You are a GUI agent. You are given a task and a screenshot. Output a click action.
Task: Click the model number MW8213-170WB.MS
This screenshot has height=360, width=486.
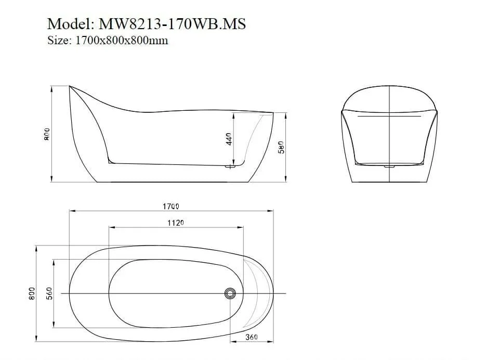pyautogui.click(x=172, y=23)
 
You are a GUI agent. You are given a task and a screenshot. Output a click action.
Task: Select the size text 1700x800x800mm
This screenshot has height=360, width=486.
pyautogui.click(x=122, y=41)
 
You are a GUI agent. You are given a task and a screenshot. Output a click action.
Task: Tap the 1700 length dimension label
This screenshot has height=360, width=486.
pyautogui.click(x=171, y=206)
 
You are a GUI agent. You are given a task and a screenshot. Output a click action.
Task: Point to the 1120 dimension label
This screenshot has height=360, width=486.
pyautogui.click(x=176, y=223)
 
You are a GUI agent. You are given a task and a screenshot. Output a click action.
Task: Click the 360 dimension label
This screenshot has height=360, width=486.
pyautogui.click(x=252, y=337)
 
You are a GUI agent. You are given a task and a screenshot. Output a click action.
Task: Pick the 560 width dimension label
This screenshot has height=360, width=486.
pyautogui.click(x=49, y=293)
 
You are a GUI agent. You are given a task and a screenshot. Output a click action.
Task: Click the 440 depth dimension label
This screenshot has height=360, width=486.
pyautogui.click(x=229, y=139)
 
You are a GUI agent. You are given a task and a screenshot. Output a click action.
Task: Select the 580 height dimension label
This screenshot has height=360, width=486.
pyautogui.click(x=281, y=147)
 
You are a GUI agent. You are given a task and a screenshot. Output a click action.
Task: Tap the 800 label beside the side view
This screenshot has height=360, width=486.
pyautogui.click(x=47, y=134)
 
